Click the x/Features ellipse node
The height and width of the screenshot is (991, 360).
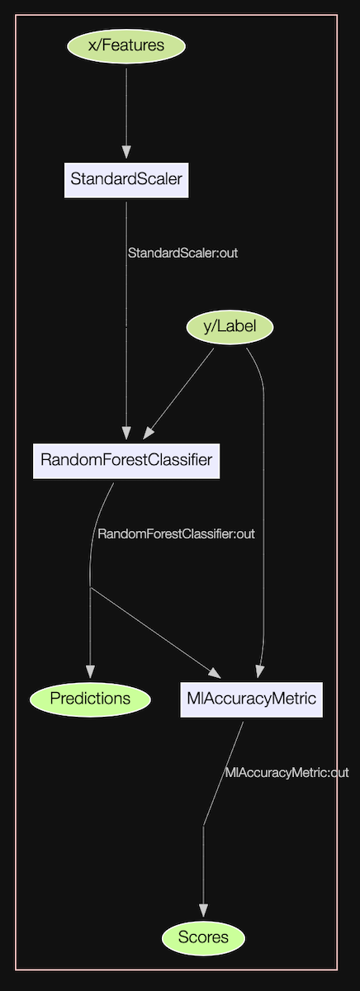[x=126, y=46]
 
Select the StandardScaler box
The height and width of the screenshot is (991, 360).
[x=126, y=178]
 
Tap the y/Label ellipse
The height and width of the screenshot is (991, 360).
[x=230, y=327]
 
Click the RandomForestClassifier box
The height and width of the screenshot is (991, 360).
[x=126, y=459]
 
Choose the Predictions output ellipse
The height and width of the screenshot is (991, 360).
[x=90, y=699]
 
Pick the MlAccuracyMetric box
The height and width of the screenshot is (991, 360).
[x=251, y=699]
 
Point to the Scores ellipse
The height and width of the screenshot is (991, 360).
[x=203, y=938]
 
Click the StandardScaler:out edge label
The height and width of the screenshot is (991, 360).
[x=182, y=253]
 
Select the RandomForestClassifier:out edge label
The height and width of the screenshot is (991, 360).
[x=176, y=533]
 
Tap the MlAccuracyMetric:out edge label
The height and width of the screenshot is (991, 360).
[x=287, y=773]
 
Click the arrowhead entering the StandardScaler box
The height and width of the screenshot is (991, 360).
[x=126, y=152]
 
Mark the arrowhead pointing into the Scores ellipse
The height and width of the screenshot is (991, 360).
[x=203, y=911]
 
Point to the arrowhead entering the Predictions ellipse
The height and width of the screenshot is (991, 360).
[x=90, y=671]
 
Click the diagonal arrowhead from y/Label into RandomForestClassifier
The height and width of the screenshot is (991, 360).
[x=149, y=433]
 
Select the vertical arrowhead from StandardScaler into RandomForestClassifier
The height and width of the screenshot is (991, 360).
[x=126, y=433]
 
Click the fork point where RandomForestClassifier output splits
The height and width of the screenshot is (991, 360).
[x=90, y=588]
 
